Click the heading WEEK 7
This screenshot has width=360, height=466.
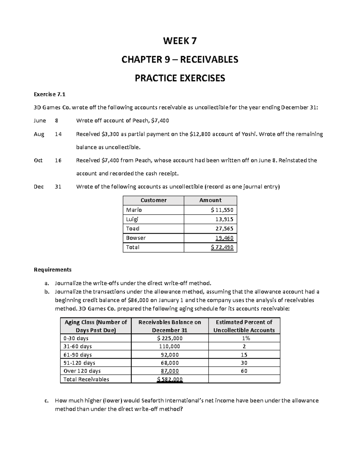180,41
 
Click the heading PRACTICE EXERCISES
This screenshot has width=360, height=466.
180,78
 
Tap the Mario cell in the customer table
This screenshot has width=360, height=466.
134,210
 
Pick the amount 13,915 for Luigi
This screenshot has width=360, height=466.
224,219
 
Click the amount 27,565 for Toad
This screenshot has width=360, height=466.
224,228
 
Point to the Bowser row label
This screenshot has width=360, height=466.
136,238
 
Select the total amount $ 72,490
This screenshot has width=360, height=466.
222,247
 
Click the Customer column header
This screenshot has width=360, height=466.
153,200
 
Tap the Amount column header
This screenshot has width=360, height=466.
210,200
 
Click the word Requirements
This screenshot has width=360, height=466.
52,269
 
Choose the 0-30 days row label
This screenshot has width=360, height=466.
76,338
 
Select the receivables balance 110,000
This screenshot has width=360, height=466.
169,346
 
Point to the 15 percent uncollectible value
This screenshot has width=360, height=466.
244,355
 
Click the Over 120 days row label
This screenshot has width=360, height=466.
82,371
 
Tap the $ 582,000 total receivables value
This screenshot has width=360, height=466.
169,379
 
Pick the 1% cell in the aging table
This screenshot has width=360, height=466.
244,338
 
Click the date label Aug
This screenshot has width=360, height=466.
39,134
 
